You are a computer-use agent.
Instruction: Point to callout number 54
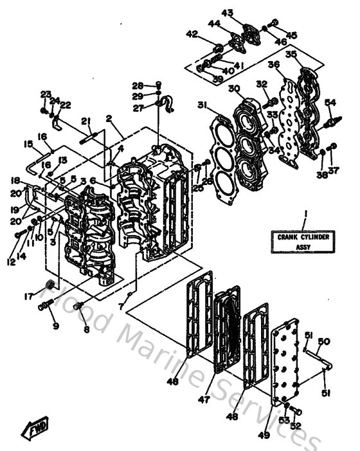click(x=330, y=102)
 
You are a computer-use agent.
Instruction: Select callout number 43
click(x=228, y=13)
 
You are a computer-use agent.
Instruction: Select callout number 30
click(x=234, y=88)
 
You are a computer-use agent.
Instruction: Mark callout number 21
click(x=85, y=122)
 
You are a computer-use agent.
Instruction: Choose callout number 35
click(x=291, y=55)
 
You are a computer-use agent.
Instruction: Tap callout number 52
click(x=296, y=425)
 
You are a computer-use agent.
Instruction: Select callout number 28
click(x=138, y=85)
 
